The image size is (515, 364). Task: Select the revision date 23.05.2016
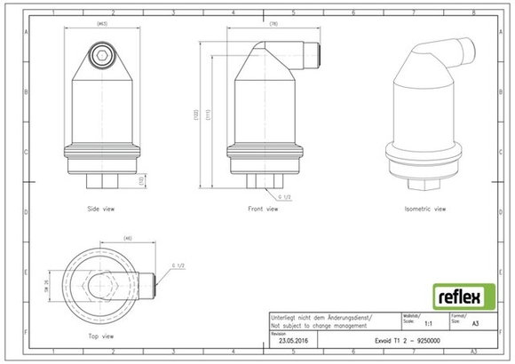click(x=294, y=340)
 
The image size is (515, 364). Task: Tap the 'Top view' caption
click(x=101, y=336)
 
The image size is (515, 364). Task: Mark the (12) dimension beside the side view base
click(x=141, y=180)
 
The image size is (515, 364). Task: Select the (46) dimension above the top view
click(x=128, y=239)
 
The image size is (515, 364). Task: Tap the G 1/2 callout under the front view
click(x=283, y=195)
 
